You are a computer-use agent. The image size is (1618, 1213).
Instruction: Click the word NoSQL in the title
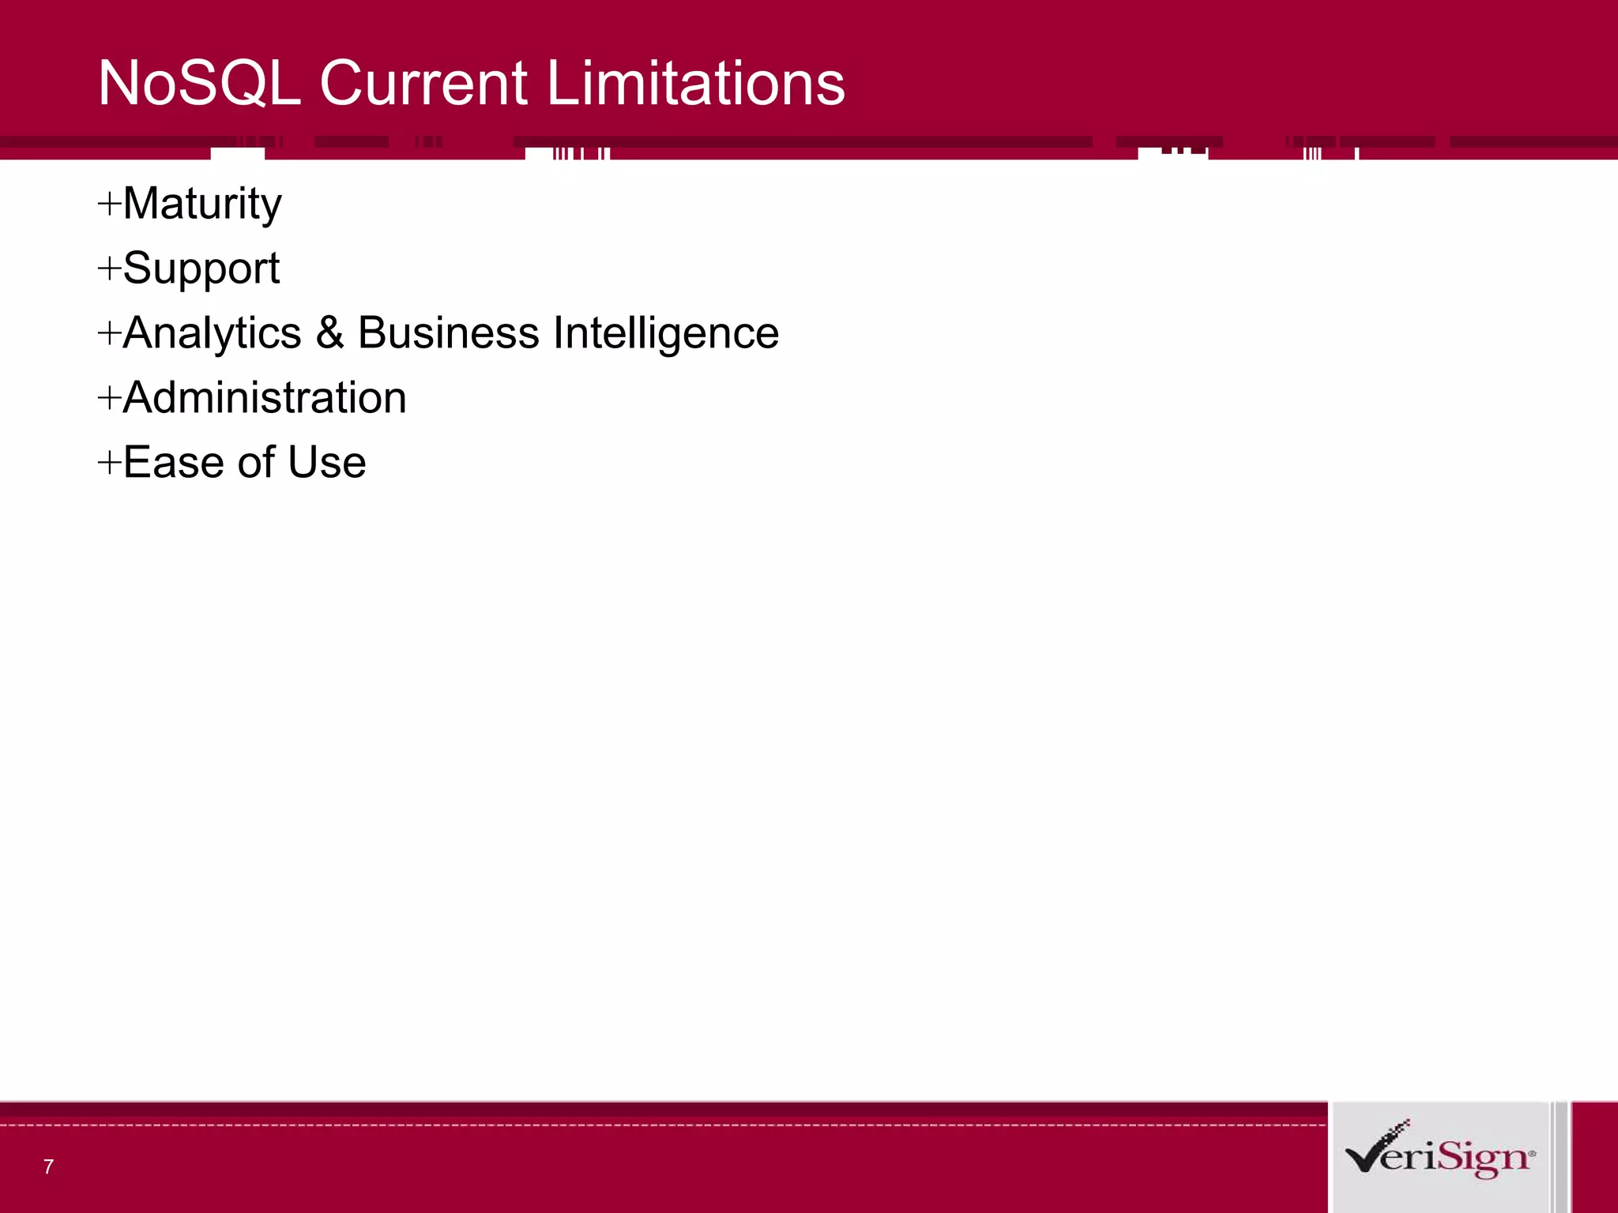(x=199, y=83)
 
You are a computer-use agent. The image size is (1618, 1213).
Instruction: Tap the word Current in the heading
(x=423, y=83)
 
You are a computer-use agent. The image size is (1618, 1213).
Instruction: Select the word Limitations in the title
(x=695, y=83)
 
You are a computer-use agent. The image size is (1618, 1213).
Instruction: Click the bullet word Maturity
(x=202, y=205)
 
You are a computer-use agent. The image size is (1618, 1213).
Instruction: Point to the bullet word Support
(x=201, y=269)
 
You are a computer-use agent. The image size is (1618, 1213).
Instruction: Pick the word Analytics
(x=213, y=333)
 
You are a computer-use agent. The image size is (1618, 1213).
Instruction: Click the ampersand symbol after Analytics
(x=329, y=333)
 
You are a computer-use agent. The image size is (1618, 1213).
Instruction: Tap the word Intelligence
(x=666, y=333)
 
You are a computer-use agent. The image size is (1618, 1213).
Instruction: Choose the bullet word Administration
(x=265, y=398)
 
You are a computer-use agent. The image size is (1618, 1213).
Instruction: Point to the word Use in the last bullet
(x=326, y=463)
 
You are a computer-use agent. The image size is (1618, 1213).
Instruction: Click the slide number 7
(x=48, y=1166)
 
